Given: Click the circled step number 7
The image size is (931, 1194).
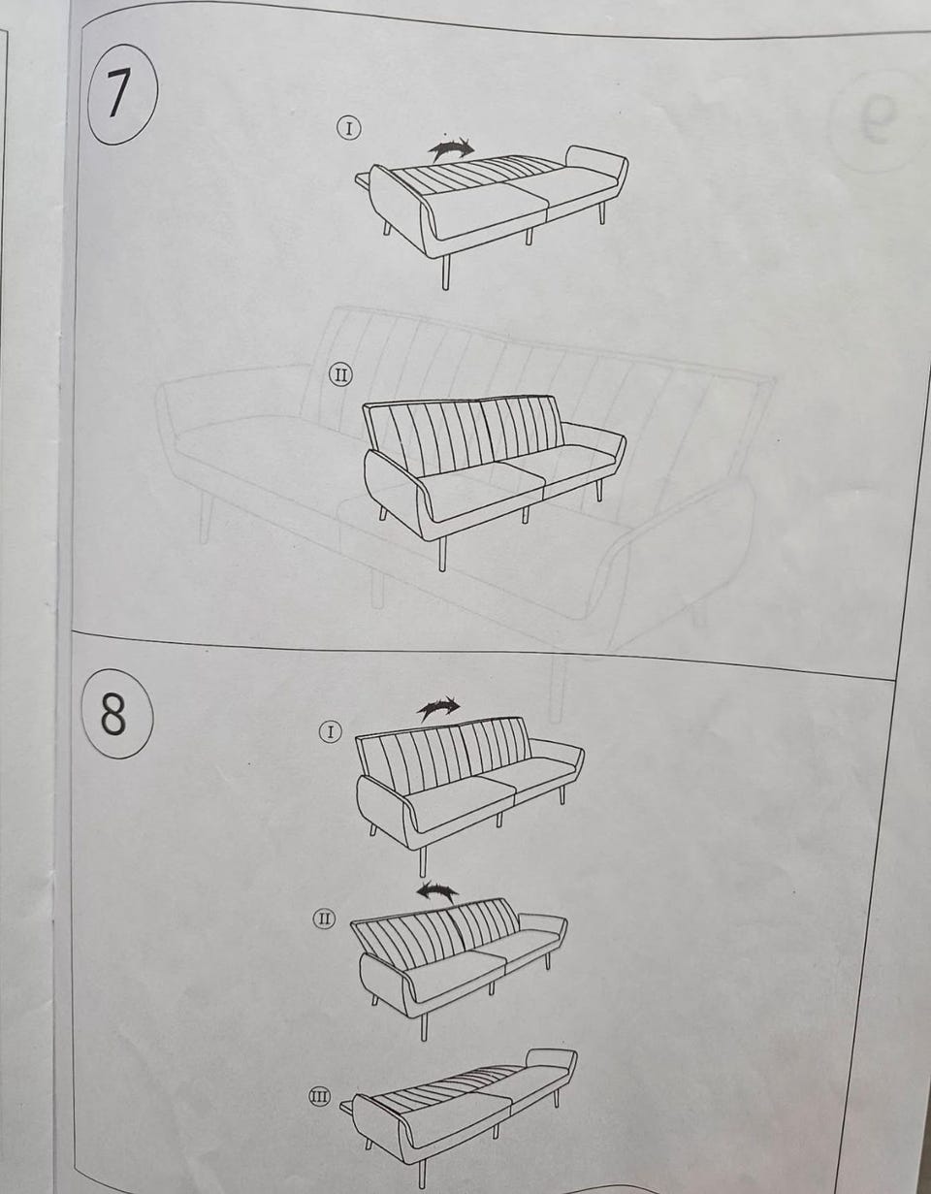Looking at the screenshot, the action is [x=123, y=94].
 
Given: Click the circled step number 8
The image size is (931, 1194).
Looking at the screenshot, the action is [x=116, y=713].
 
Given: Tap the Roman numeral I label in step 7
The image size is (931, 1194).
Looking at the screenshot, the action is [x=349, y=129].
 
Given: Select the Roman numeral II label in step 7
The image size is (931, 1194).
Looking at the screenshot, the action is [x=341, y=375].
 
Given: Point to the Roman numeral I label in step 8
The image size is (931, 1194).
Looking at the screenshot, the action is [x=331, y=731].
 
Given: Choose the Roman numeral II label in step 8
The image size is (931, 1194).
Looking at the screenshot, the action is [x=325, y=919].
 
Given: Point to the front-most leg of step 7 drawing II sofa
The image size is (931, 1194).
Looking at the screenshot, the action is [x=442, y=554].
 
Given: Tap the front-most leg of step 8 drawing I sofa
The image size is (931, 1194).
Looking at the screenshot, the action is [x=423, y=861].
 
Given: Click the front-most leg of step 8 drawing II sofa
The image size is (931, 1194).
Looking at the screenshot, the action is [x=424, y=1026].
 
